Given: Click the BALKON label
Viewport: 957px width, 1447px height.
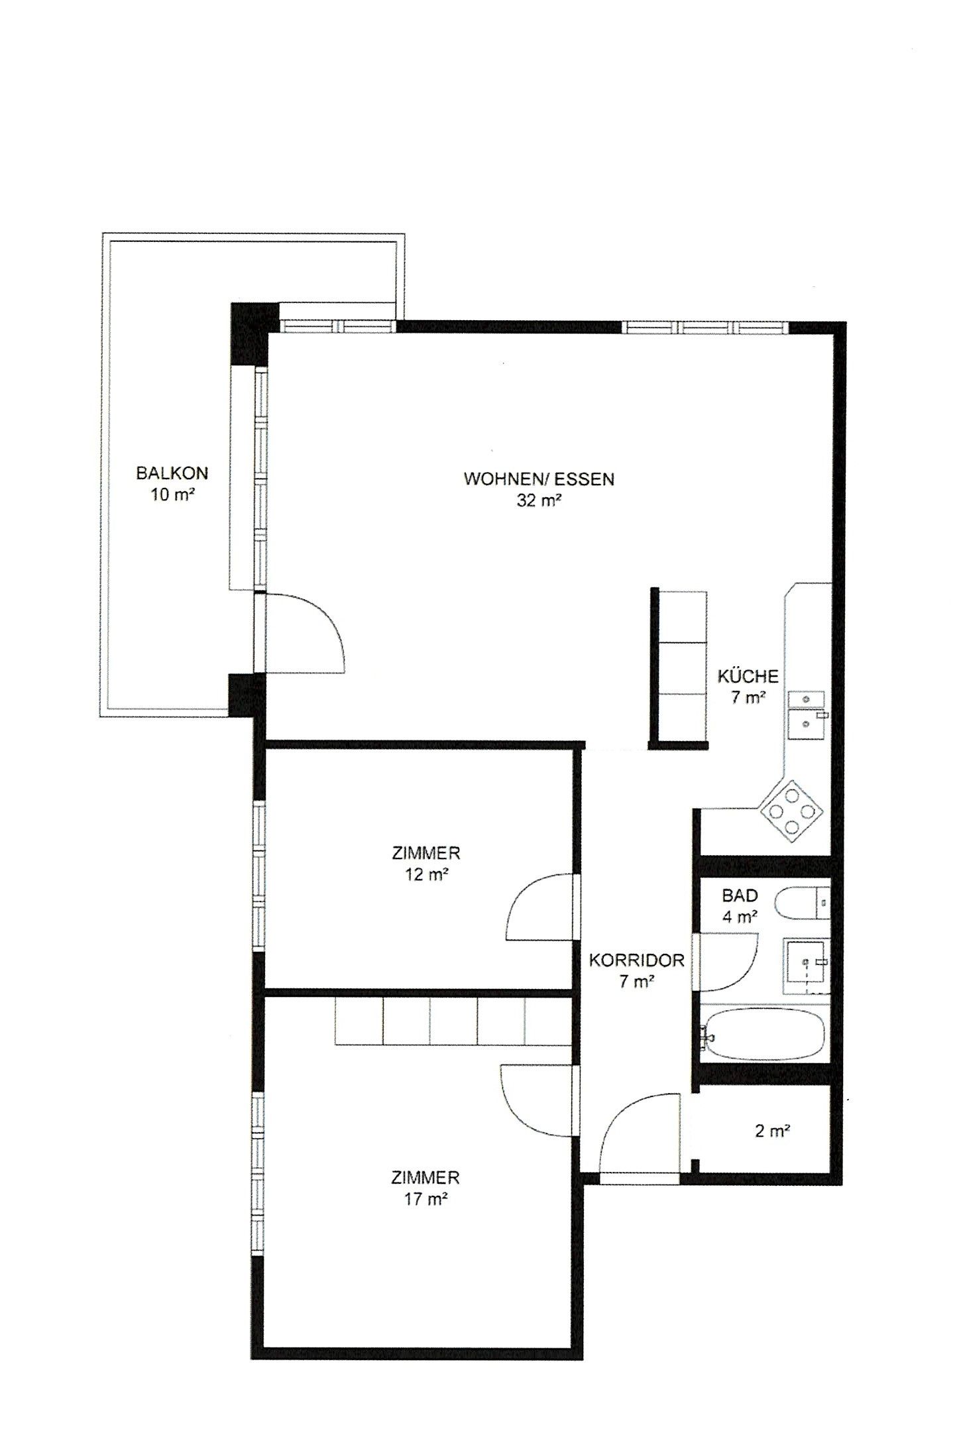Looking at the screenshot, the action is click(x=172, y=473).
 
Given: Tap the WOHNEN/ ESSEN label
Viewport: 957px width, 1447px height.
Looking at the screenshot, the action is click(x=539, y=479).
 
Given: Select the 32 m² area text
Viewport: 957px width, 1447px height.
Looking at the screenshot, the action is click(x=539, y=500).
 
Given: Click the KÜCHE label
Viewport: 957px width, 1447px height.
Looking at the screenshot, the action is click(x=748, y=677).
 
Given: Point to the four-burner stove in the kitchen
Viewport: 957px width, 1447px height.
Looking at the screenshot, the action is click(x=792, y=810).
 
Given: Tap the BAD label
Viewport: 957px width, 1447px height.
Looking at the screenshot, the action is click(x=740, y=896).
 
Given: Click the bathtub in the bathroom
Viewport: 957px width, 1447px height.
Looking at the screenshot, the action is click(x=763, y=1035).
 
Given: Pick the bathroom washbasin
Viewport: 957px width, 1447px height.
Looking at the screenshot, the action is click(x=807, y=966).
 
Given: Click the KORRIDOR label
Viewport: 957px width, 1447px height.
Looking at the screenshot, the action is click(x=636, y=960).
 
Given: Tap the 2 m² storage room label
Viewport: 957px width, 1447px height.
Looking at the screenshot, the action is click(x=772, y=1131).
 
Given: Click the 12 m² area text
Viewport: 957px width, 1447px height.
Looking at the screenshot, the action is click(x=425, y=874).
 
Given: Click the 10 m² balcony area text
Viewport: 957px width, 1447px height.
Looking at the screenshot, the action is click(x=172, y=495).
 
